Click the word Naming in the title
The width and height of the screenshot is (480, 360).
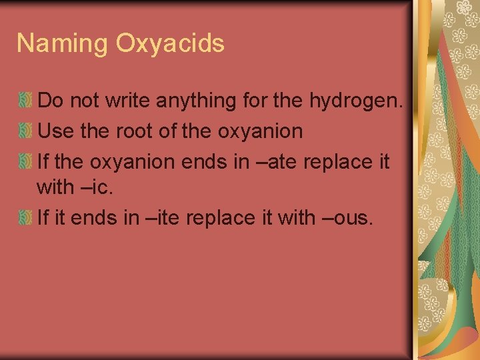click(63, 44)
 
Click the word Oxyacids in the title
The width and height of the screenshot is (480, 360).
click(170, 44)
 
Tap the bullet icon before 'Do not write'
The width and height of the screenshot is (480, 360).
click(25, 101)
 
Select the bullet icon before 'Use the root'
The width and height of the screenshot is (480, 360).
click(25, 131)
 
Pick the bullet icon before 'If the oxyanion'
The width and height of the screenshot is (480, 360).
click(25, 161)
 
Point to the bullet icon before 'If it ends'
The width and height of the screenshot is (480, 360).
click(25, 217)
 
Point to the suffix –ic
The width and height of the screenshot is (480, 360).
click(94, 188)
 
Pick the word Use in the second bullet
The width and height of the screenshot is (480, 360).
click(57, 131)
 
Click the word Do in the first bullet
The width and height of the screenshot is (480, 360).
click(49, 101)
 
